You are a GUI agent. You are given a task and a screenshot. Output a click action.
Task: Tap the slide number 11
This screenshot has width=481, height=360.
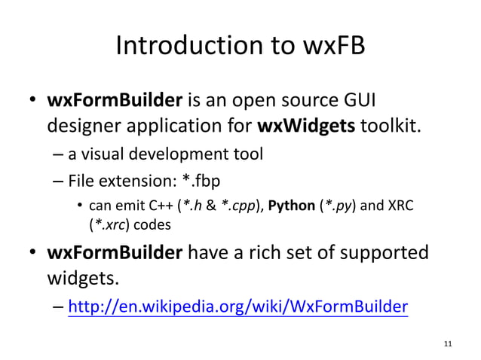pos(449,344)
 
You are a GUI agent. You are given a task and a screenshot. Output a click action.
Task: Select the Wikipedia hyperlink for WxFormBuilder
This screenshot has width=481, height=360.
pos(237,307)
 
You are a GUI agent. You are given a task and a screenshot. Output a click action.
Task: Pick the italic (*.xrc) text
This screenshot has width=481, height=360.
pos(111,224)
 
